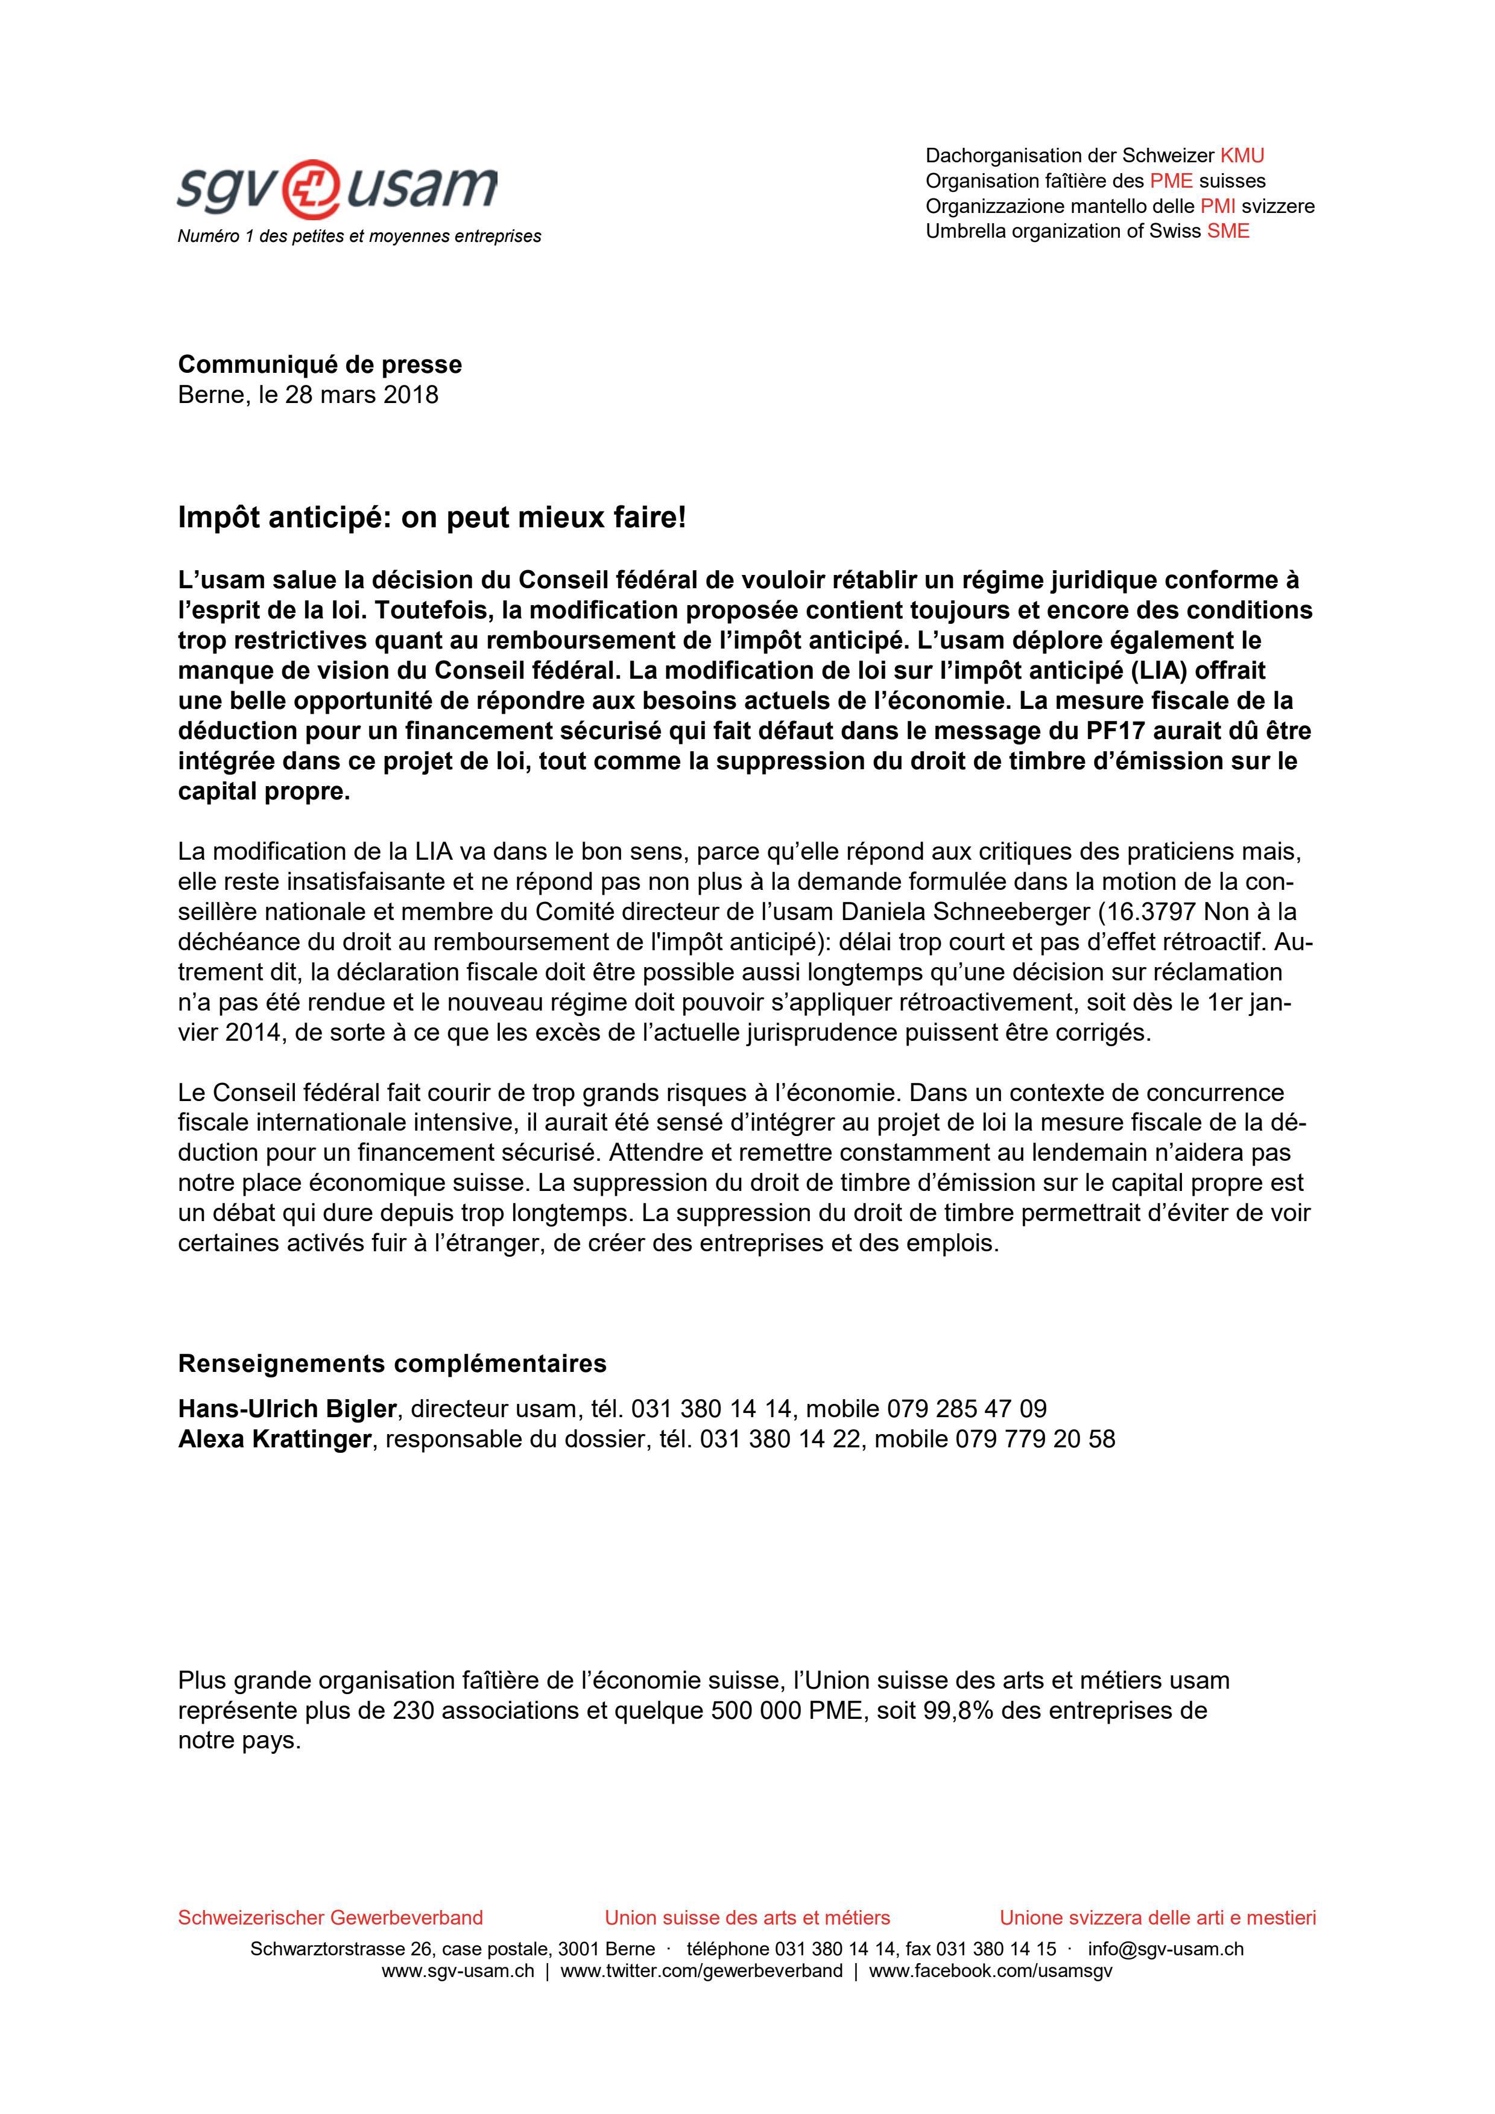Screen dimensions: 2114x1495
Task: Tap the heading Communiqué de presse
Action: [x=320, y=364]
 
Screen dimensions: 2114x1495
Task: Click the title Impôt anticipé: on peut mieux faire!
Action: [x=432, y=518]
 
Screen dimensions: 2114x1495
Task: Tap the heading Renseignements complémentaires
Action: [x=392, y=1363]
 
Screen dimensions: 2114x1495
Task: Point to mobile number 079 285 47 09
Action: [x=967, y=1409]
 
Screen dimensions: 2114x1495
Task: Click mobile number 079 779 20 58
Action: [x=1035, y=1439]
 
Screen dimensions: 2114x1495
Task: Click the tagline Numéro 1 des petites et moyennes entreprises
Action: [x=359, y=236]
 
